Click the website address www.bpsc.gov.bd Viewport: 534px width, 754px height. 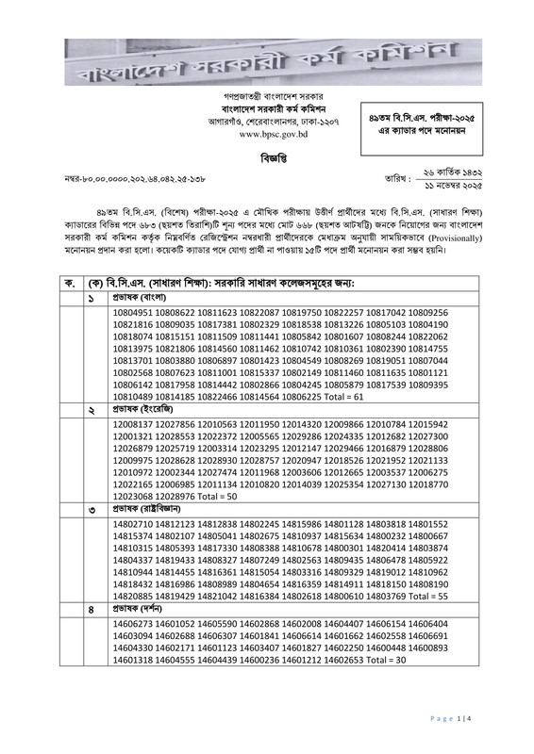[x=266, y=136]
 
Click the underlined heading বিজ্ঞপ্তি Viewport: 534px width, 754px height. [x=267, y=157]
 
